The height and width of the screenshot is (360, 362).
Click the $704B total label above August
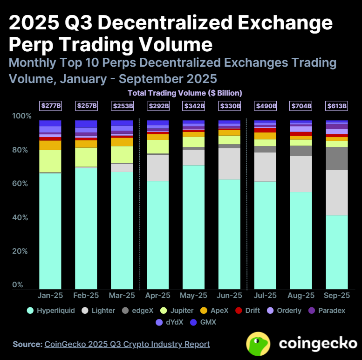point(301,106)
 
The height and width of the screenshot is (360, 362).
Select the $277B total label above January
point(50,106)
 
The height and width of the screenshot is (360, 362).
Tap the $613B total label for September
point(336,106)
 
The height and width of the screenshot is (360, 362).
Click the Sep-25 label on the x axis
point(337,296)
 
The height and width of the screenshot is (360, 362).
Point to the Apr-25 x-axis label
point(158,296)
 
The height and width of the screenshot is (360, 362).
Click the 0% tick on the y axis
point(18,285)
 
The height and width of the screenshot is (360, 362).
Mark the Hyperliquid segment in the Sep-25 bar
point(337,252)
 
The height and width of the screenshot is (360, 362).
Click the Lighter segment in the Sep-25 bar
point(337,193)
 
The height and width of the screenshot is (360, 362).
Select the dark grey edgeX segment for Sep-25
point(337,159)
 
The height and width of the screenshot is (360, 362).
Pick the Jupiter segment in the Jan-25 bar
point(50,161)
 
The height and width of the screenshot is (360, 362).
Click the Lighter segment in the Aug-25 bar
point(301,174)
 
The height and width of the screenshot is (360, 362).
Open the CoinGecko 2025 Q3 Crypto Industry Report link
point(127,344)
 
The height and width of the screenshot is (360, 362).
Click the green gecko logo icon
point(260,344)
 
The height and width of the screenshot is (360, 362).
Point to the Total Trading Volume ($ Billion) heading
point(185,93)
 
